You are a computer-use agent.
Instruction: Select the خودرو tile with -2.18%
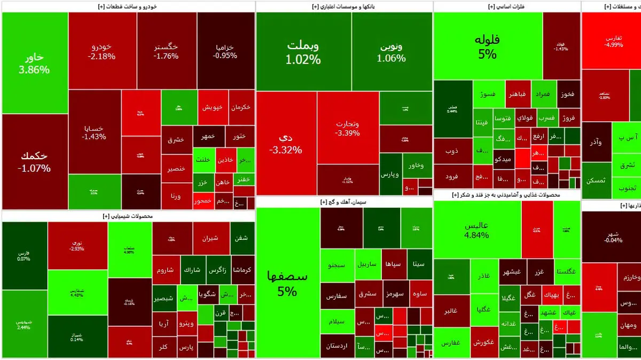click(101, 51)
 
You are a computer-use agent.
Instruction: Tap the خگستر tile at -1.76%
click(166, 51)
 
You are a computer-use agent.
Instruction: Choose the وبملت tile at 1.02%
click(303, 51)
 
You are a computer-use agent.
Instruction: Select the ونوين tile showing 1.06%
click(391, 51)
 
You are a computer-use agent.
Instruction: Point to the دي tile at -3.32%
click(286, 143)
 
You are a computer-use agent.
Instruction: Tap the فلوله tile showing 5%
click(487, 46)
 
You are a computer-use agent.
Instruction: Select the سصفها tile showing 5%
click(287, 283)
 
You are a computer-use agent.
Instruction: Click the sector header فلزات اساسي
click(506, 6)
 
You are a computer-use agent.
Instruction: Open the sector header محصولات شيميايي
click(128, 216)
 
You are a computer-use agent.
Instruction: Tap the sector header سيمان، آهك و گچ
click(344, 202)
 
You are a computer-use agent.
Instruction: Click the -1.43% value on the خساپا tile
click(95, 136)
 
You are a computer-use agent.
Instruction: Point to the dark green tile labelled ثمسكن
click(596, 181)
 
